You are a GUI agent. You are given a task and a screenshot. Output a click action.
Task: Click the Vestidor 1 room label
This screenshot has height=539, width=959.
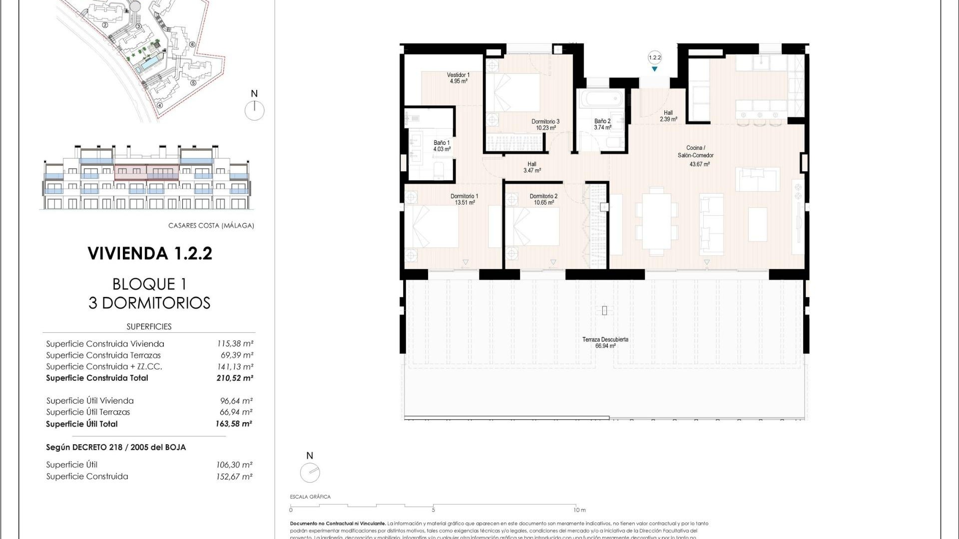point(458,78)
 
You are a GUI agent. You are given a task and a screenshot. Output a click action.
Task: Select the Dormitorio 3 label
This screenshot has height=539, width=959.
point(545,124)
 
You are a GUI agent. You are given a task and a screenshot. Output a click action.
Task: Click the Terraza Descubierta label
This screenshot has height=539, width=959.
point(605,342)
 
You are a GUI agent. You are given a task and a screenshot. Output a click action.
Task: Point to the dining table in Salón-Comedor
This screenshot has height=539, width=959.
point(656,220)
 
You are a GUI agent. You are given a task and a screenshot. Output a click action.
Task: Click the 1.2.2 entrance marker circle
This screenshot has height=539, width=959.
point(654,58)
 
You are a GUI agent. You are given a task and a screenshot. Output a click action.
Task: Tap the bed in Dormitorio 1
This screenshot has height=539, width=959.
point(433,227)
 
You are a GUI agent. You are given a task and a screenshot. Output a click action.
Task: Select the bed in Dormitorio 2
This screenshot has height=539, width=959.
point(533,227)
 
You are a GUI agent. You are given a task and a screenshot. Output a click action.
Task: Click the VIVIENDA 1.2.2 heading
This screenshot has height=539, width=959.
point(150,254)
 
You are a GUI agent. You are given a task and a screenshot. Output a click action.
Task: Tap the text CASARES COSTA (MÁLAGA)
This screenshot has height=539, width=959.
point(211,226)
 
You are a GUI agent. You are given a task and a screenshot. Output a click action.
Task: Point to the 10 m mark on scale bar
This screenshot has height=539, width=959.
point(578,510)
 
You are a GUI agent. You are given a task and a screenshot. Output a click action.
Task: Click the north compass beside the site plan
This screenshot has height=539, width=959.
point(254,110)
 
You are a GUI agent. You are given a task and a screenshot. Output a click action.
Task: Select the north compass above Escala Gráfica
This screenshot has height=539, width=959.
point(310,473)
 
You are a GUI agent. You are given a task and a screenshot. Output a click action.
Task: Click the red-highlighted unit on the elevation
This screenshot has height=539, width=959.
point(146,172)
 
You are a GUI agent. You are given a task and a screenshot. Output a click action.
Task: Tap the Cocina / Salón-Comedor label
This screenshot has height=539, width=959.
point(695,155)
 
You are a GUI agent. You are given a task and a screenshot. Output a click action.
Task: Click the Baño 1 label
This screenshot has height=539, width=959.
point(442,146)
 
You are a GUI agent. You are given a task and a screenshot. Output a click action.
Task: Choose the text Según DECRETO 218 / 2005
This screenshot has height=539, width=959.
point(116,447)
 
